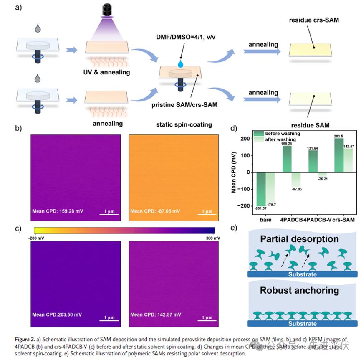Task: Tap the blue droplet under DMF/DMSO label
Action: (x=181, y=63)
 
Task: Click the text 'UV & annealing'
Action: (x=106, y=72)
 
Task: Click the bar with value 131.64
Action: (x=313, y=161)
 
